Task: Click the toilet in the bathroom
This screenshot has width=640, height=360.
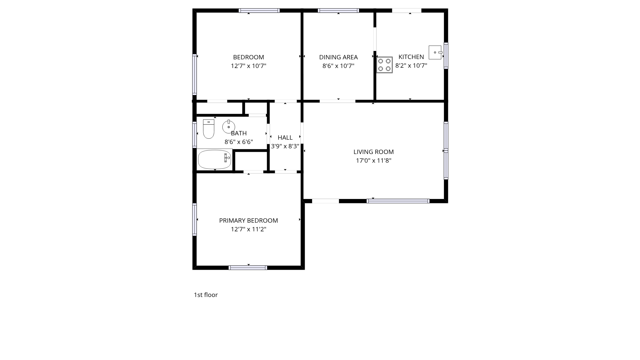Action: pos(209,129)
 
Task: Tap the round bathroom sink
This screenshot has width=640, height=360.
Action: pos(229,127)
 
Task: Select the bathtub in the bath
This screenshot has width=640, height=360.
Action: pos(215,159)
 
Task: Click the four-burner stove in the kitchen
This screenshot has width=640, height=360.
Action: pos(384,65)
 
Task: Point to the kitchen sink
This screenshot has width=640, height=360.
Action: pos(435,52)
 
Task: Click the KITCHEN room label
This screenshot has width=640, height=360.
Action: pos(411,57)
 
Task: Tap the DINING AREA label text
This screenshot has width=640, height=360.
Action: pos(338,57)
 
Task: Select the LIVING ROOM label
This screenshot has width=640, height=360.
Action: pos(374,152)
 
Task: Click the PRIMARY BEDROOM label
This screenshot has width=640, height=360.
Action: pos(248,221)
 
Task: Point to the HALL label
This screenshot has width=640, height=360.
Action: pos(285,138)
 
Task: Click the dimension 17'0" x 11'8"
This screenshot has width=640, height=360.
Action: pos(374,161)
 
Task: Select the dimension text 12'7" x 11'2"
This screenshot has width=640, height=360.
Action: pos(249,229)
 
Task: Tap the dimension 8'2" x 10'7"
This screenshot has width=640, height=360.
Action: pos(411,66)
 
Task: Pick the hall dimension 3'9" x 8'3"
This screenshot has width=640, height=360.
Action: pos(285,146)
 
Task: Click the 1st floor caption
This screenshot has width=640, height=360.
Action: pos(206,295)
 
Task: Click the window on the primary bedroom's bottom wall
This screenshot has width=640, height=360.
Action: pos(248,268)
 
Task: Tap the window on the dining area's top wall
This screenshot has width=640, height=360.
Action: pos(338,11)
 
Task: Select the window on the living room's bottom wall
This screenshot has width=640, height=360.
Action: pos(398,201)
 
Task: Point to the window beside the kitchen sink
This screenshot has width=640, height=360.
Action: pos(446,56)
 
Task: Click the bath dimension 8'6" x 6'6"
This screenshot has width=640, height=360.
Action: pos(239,142)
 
